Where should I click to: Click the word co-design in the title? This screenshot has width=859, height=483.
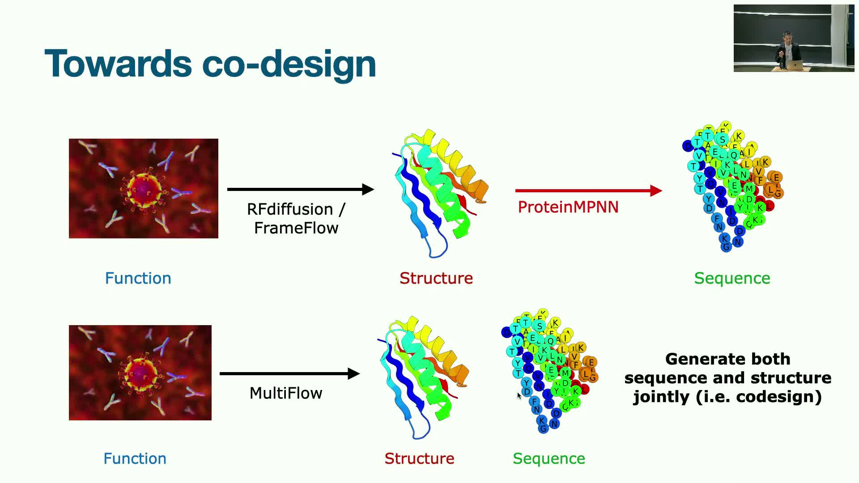pos(289,64)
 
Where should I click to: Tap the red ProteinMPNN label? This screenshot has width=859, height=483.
pos(568,207)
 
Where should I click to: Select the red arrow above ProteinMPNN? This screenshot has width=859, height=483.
pos(588,191)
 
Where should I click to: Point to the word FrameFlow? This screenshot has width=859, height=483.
pos(296,228)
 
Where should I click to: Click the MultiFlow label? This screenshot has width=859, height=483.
pos(286,393)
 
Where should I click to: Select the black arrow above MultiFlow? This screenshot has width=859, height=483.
pos(289,373)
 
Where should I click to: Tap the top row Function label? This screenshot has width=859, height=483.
pos(138,278)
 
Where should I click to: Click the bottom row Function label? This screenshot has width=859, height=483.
pos(135,458)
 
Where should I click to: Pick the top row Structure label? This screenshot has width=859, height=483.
pos(436,278)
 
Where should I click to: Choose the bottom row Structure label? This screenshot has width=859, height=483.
pos(419,458)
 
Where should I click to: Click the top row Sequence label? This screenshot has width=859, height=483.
pos(732,278)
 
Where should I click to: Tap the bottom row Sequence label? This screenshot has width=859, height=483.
pos(549,458)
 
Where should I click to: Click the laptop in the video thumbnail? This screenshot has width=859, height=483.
pos(795,65)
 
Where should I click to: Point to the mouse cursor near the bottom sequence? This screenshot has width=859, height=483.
pos(519,395)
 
